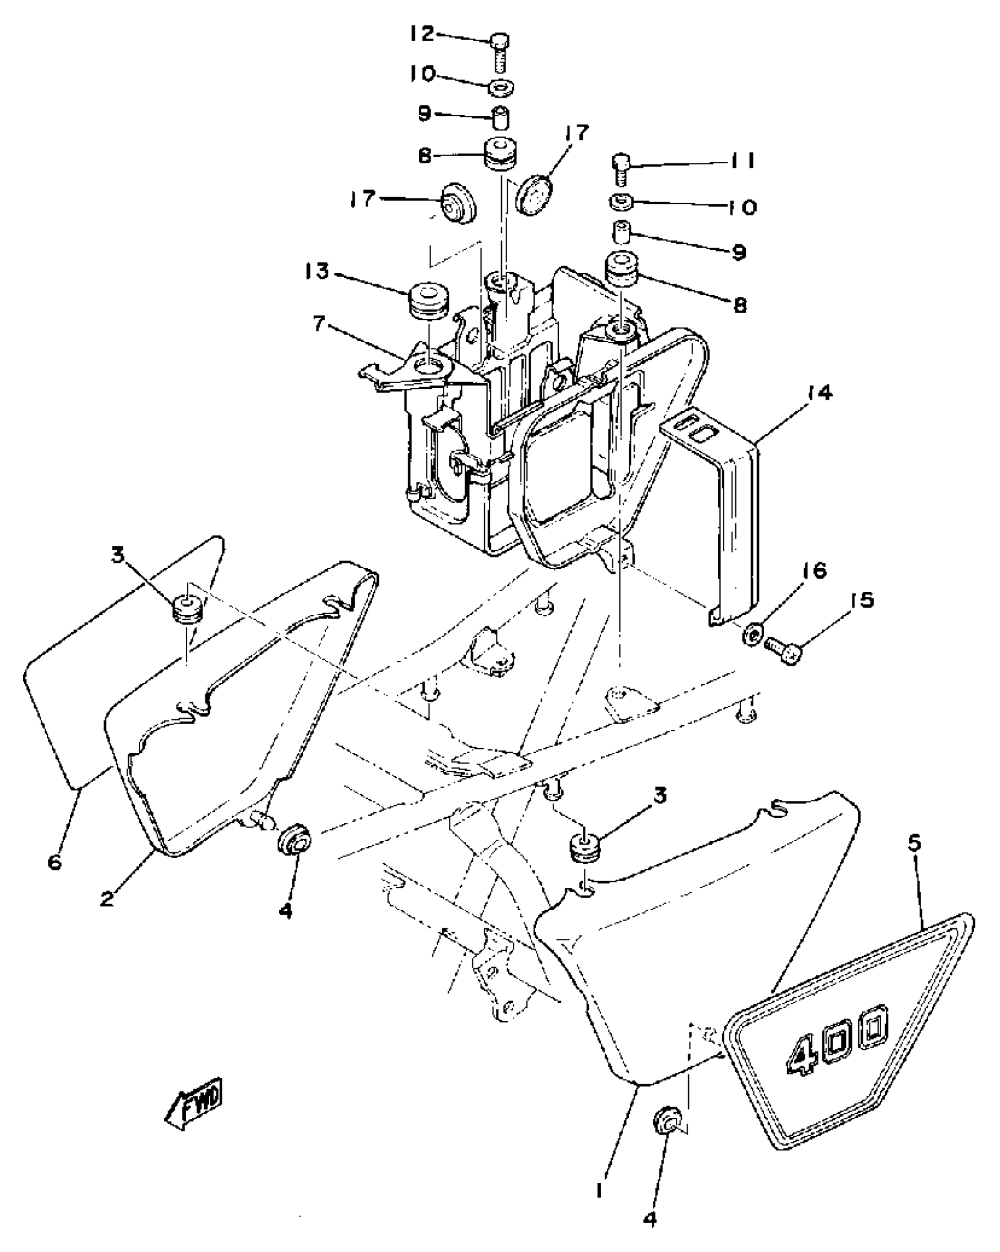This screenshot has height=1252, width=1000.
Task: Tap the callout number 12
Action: tap(422, 34)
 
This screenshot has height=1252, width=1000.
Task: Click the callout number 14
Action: tap(820, 393)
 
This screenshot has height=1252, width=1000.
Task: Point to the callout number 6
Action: tap(55, 863)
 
